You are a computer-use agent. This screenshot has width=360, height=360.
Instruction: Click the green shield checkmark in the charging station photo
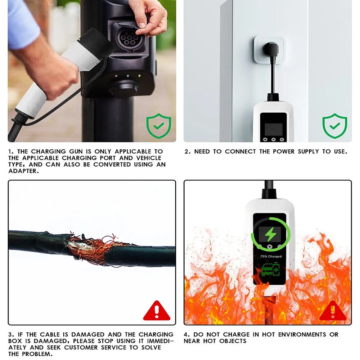[x=159, y=126]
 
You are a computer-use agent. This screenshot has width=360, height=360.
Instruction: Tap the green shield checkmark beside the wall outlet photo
[x=335, y=126]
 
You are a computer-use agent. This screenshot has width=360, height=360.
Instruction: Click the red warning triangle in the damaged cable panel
[x=157, y=311]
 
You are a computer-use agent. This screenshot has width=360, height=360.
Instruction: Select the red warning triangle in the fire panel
[x=333, y=311]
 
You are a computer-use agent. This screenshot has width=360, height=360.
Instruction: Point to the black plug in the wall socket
[x=271, y=49]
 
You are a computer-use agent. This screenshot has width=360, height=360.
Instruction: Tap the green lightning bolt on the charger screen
[x=270, y=234]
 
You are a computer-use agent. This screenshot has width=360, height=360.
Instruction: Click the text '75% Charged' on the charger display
[x=271, y=256]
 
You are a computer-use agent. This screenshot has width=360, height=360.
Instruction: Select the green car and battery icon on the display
[x=270, y=270]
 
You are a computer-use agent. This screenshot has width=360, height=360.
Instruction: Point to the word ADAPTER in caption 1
[x=23, y=171]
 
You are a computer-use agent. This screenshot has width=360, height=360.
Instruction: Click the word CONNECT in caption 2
[x=240, y=152]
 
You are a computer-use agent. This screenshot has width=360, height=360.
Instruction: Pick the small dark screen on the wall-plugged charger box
[x=274, y=130]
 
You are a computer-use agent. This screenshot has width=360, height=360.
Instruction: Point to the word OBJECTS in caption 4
[x=233, y=341]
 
